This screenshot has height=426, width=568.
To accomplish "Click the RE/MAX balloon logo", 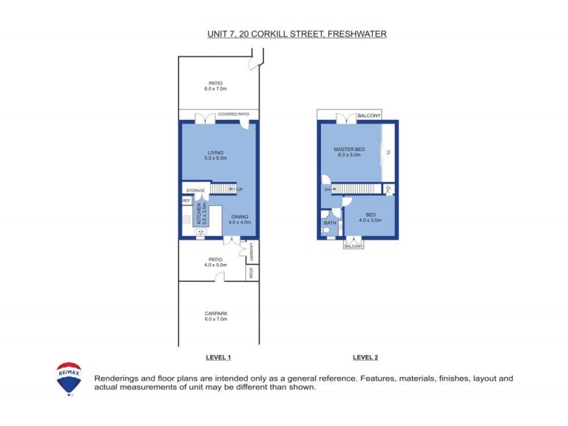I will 69,378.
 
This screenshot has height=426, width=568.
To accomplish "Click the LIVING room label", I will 216,152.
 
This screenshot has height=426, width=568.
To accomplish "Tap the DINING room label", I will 240,217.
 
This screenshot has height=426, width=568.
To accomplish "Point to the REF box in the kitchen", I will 186,200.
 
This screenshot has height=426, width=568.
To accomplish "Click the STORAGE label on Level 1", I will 195,190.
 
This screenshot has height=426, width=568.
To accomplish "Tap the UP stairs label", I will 239,190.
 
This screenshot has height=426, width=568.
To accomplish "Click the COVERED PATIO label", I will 233,114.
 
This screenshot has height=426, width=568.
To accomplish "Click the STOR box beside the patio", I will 251,272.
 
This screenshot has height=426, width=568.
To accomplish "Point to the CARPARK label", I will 216,313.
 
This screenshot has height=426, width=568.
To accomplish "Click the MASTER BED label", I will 349,149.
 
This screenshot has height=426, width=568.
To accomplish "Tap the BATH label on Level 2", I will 329,224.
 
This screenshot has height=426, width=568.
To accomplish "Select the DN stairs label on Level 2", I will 328,190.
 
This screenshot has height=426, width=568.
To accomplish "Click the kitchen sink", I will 200,231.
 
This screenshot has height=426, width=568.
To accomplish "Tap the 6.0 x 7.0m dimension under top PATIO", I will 216,89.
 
